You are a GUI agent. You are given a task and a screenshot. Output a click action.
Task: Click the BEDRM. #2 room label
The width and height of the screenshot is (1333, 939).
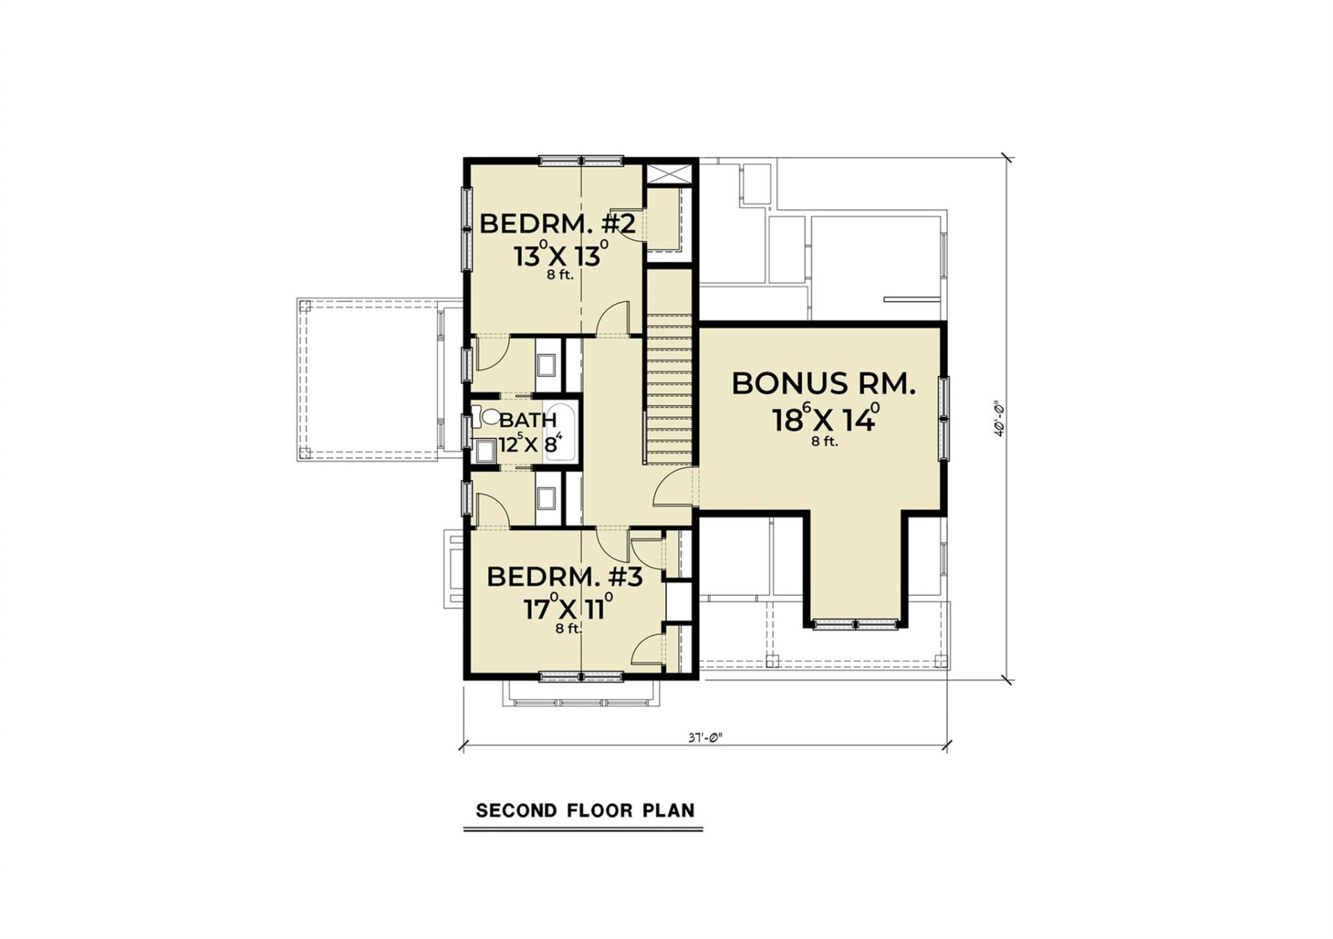pyautogui.click(x=557, y=224)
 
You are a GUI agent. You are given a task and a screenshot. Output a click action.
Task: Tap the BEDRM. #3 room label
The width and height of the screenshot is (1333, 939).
pyautogui.click(x=564, y=577)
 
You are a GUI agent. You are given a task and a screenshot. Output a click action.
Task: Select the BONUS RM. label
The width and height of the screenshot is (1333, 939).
pyautogui.click(x=823, y=384)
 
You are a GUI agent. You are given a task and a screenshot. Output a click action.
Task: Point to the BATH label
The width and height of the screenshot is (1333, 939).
pyautogui.click(x=528, y=420)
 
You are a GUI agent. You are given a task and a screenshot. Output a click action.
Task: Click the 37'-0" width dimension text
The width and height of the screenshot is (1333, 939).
pyautogui.click(x=705, y=738)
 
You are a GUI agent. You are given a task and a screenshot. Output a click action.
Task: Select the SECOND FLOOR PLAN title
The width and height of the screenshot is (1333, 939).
pyautogui.click(x=585, y=811)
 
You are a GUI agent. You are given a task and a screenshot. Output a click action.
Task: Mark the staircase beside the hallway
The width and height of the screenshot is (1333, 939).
pyautogui.click(x=669, y=389)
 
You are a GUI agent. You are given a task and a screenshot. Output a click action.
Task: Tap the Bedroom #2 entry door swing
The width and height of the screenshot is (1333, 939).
pyautogui.click(x=612, y=319)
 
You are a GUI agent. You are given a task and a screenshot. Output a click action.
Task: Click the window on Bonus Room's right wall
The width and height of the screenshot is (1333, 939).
pyautogui.click(x=944, y=418)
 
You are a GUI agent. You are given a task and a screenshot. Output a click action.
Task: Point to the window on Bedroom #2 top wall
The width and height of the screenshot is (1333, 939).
pyautogui.click(x=581, y=161)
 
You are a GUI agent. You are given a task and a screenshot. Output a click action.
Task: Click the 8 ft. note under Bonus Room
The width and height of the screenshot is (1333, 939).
pyautogui.click(x=825, y=442)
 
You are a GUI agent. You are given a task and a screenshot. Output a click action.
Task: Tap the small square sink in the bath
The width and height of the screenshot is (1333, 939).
pyautogui.click(x=485, y=453)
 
